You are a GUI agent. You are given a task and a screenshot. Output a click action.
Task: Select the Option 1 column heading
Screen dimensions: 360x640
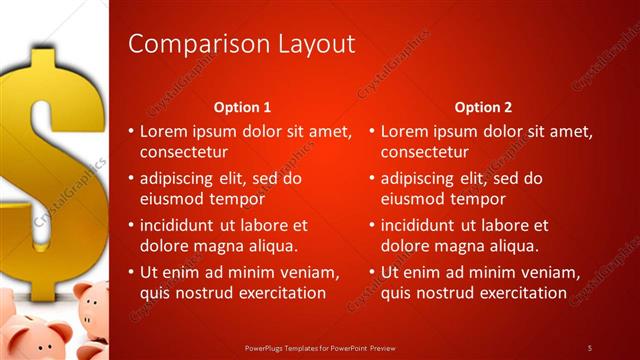click(243, 107)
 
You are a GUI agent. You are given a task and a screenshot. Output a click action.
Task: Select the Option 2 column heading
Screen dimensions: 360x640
click(483, 107)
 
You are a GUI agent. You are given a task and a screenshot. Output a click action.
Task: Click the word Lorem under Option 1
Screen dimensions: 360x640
click(165, 131)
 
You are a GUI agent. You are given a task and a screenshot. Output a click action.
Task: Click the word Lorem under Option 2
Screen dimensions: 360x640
click(406, 131)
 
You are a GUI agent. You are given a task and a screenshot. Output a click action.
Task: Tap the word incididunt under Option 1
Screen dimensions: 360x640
click(185, 225)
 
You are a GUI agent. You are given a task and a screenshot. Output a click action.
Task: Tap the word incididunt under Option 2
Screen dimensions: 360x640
click(426, 225)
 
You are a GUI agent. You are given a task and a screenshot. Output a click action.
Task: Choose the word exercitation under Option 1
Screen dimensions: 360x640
click(276, 293)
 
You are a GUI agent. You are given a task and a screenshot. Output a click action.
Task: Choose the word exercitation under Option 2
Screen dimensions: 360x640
click(517, 293)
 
